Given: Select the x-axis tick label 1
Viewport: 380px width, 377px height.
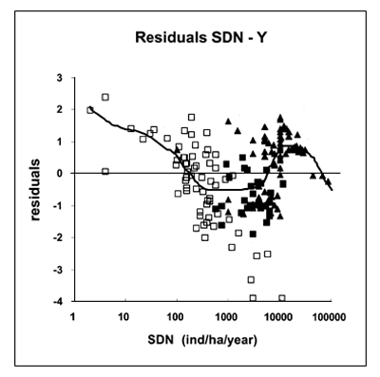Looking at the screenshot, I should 73,316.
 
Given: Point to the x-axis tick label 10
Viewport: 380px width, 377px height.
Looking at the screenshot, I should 123,316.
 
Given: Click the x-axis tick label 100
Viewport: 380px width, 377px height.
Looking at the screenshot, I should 175,316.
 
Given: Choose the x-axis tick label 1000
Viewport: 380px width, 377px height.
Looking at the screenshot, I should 226,316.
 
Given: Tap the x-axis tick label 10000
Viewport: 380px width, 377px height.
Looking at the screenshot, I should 276,316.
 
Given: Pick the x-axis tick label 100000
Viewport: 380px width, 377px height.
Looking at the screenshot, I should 328,316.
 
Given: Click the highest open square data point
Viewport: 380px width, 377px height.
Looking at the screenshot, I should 105,97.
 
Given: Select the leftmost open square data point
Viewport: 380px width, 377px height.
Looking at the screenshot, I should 90,110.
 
